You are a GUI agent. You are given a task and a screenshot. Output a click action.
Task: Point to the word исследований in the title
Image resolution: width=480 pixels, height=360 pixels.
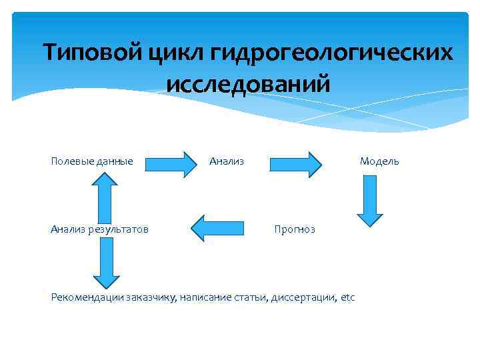[247, 84]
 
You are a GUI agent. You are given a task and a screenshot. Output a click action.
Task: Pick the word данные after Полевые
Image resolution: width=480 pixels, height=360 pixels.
[113, 161]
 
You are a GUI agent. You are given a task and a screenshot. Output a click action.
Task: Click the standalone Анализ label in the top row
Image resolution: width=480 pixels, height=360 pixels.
[227, 161]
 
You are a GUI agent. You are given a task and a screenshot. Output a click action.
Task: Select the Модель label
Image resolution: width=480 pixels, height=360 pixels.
[379, 161]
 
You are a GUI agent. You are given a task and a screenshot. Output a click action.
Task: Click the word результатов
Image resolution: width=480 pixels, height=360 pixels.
[117, 229]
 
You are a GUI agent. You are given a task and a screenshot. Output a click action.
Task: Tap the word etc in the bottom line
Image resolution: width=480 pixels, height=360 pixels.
[348, 297]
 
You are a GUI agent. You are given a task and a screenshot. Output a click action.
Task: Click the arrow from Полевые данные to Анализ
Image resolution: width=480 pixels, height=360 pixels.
[167, 163]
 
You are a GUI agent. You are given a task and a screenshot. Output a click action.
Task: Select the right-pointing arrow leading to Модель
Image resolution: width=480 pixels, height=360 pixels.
[296, 163]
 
